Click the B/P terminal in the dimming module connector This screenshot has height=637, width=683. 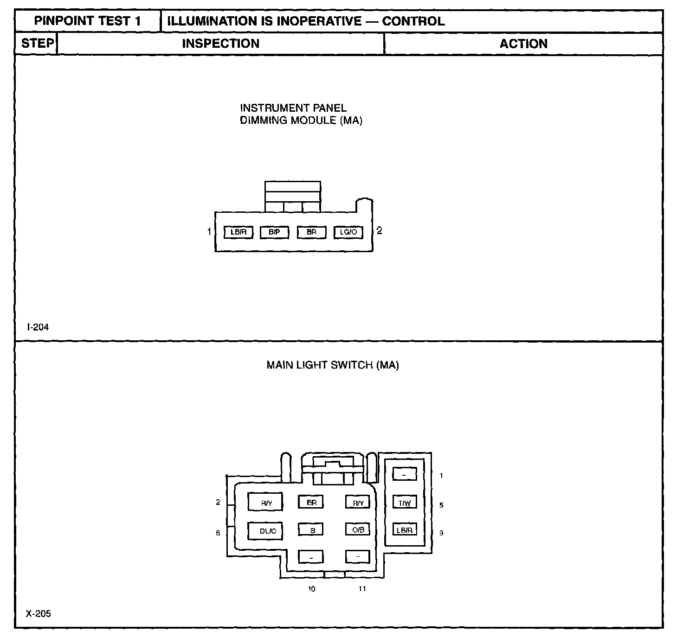pos(274,232)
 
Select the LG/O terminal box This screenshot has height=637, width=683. pos(348,232)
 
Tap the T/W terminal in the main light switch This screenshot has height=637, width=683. pos(405,503)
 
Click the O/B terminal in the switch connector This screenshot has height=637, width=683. pos(358,529)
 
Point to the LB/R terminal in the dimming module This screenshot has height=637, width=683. pos(238,232)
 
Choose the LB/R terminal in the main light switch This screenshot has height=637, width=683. pos(405,530)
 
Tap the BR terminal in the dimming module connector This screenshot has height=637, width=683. pos(311,232)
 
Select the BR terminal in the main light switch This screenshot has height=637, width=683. pos(311,502)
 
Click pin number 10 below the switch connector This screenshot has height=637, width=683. pos(311,589)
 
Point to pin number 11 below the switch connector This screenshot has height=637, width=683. pos(362,589)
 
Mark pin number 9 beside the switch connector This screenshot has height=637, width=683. pos(441,533)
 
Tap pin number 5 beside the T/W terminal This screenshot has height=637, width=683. pos(441,505)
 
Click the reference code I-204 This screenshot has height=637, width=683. pos(38,327)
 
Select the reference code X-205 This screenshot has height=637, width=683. pos(39,614)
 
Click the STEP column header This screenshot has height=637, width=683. pos(37,44)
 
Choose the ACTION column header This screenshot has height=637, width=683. pos(523,44)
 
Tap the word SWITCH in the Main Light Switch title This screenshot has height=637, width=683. pos(352,365)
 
